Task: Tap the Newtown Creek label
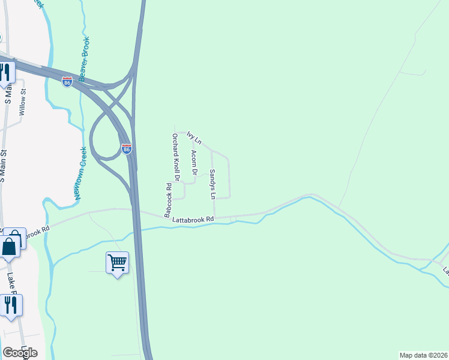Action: (x=80, y=174)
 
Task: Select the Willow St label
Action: (x=23, y=102)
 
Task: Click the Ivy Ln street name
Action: (x=194, y=137)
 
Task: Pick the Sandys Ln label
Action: (x=212, y=184)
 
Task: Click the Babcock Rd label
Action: (x=169, y=200)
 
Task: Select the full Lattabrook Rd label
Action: (x=193, y=220)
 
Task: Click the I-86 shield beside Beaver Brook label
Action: (x=67, y=82)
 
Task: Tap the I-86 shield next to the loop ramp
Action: (x=127, y=149)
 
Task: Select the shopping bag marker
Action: (x=10, y=247)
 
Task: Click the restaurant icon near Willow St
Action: (x=5, y=73)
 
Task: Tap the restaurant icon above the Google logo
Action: (x=11, y=305)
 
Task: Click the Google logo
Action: (x=20, y=352)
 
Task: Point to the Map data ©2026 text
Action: (x=423, y=355)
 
